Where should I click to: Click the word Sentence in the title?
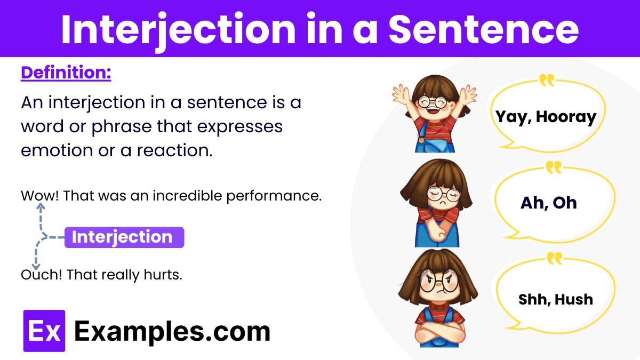483,29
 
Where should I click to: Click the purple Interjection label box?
124,237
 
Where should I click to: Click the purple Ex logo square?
44,331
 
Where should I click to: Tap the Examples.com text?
172,331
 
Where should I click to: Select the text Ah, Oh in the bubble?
549,203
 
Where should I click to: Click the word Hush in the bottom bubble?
573,299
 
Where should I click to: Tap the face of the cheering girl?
433,101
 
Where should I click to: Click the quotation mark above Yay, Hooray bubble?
547,81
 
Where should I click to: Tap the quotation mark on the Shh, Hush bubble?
555,259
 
